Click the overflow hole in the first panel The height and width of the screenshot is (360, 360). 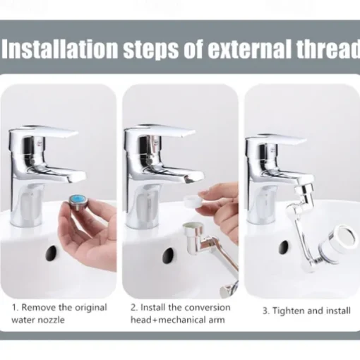coord(52,253)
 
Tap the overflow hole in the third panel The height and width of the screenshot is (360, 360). coord(284,248)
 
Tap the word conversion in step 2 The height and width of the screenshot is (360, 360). coord(206,308)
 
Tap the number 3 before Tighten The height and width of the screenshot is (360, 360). coord(265,311)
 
